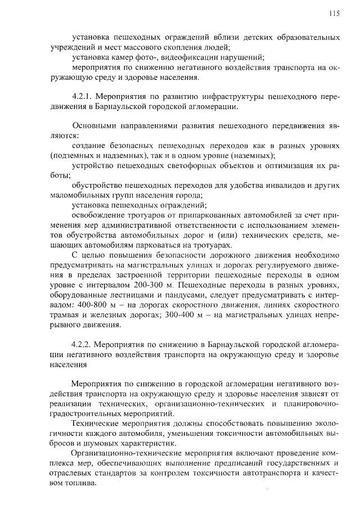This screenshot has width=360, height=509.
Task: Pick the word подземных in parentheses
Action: pyautogui.click(x=73, y=155)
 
